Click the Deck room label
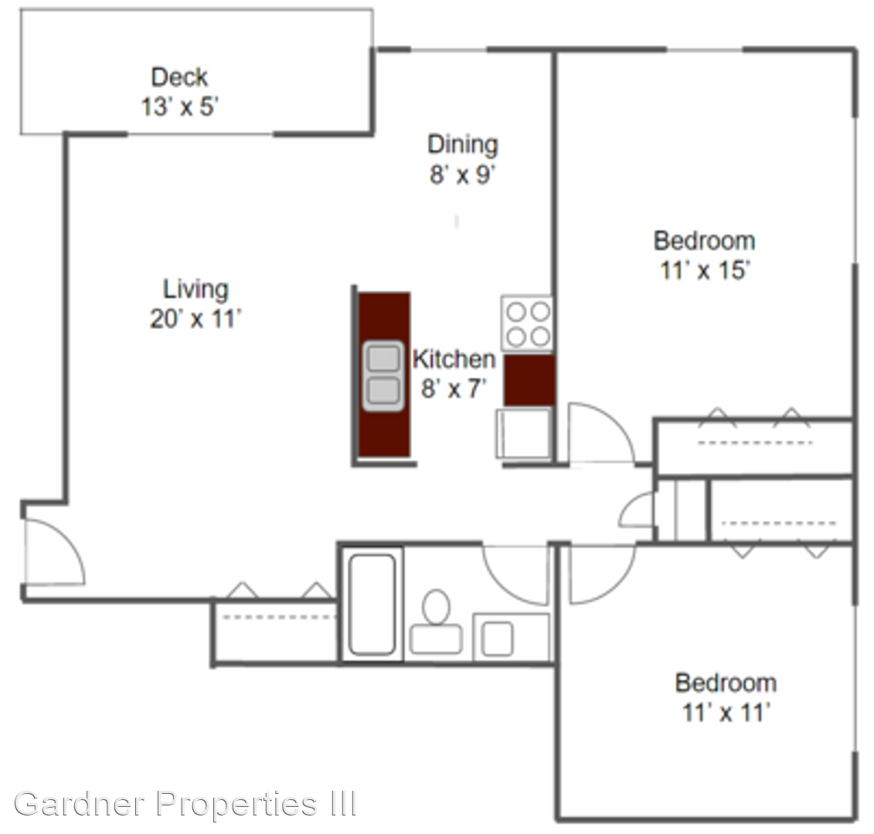pos(179,77)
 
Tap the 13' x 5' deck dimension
pos(179,107)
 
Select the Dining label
pos(463,144)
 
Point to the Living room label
pos(196,289)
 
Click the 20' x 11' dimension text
pos(196,319)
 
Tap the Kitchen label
pos(454,359)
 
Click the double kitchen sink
pos(383,376)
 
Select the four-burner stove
pos(527,324)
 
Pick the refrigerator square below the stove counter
pos(524,433)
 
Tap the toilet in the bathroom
pos(436,622)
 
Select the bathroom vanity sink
pos(497,639)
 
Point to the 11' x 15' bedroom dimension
pos(705,270)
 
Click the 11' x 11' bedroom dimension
pos(726,713)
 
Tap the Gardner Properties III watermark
pos(185,803)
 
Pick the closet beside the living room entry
pos(275,631)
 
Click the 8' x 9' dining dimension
pos(463,175)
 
